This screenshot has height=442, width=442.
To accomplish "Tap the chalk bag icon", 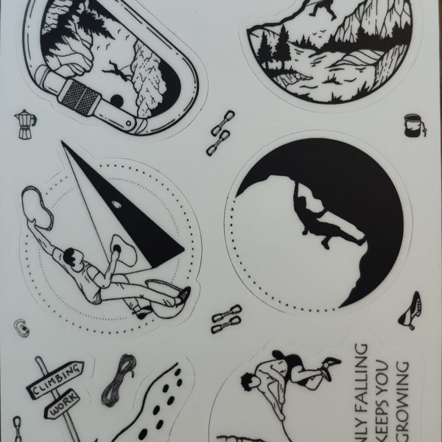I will (413, 126).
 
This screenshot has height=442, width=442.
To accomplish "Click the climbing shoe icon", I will (411, 310).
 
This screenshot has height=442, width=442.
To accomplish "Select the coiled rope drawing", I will (118, 380).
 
